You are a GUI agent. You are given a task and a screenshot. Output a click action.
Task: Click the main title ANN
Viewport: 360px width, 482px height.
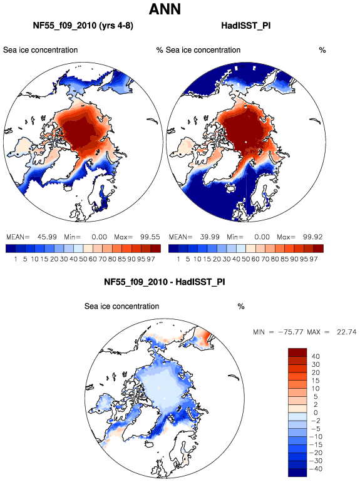point(165,9)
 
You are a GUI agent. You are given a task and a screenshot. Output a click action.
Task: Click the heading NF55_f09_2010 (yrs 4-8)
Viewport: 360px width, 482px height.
point(83,25)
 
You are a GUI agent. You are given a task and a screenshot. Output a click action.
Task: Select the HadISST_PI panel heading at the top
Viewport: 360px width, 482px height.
point(246,25)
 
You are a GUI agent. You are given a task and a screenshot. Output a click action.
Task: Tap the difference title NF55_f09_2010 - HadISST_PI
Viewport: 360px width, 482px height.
point(165,282)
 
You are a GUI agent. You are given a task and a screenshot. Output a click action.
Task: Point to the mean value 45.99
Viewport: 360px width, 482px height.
point(47,237)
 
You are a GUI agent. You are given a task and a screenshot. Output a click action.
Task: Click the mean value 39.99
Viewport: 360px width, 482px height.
point(210,237)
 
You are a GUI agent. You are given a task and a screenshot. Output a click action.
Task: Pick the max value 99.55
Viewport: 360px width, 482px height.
point(150,237)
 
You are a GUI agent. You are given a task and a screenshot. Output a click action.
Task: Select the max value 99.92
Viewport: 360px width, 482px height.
point(312,237)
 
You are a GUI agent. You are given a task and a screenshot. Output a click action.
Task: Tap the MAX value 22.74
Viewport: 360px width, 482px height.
point(346,332)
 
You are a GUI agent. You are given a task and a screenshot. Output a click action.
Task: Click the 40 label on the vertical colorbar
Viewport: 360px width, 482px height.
point(316,356)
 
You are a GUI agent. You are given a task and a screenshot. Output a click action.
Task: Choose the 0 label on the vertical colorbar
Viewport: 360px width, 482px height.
point(316,413)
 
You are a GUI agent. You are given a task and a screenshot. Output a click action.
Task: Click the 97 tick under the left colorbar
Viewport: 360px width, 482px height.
point(151,259)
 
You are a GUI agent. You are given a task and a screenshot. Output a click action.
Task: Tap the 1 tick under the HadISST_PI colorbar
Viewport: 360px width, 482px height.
point(178,259)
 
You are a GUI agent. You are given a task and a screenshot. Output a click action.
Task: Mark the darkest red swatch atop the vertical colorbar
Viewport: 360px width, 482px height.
point(297,352)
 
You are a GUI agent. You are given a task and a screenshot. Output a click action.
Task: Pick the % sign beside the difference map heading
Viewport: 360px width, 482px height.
point(241,307)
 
